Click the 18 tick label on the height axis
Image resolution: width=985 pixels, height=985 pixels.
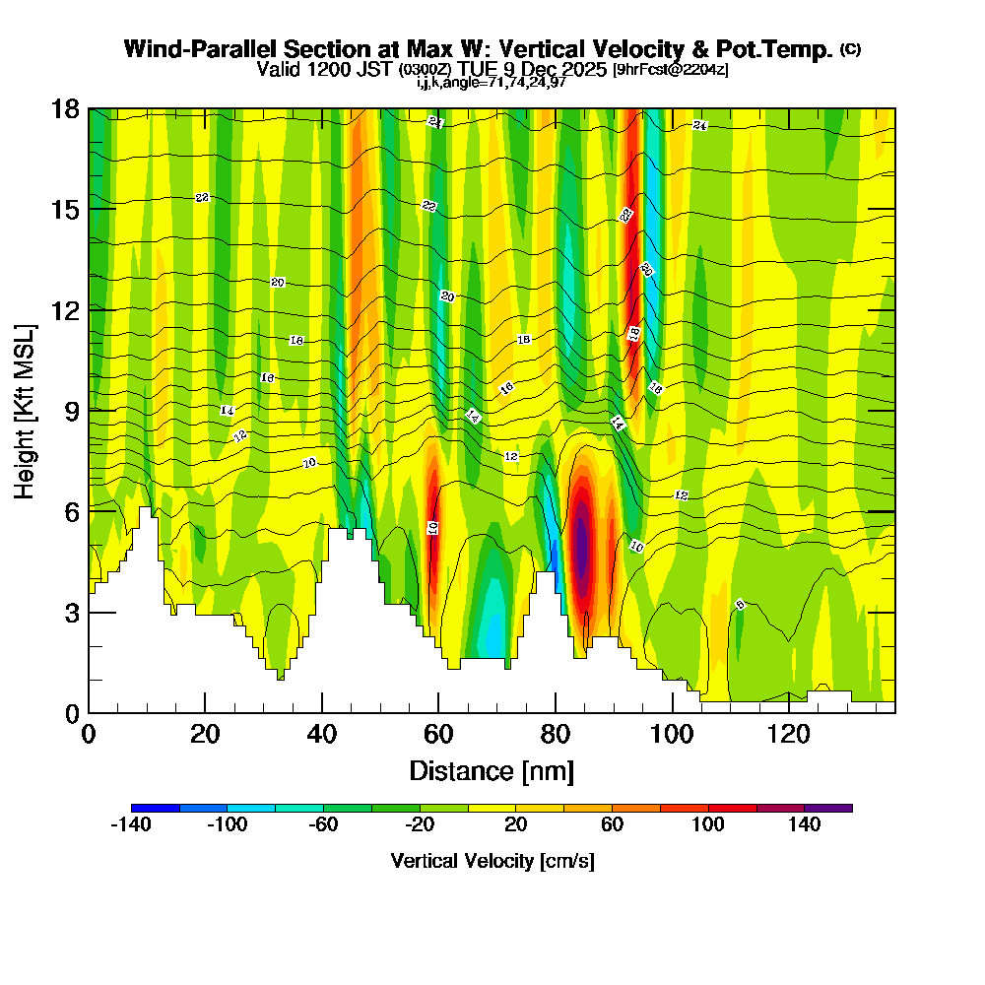pyautogui.click(x=66, y=108)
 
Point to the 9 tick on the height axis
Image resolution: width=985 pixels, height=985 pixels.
pyautogui.click(x=89, y=410)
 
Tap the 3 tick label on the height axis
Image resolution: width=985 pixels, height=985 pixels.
pyautogui.click(x=72, y=612)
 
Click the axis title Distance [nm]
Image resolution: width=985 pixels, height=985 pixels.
pyautogui.click(x=492, y=770)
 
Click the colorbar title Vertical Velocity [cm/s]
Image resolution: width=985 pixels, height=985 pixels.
pyautogui.click(x=492, y=861)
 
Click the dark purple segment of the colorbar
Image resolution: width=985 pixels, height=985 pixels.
pyautogui.click(x=828, y=808)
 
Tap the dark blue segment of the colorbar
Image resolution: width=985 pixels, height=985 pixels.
pyautogui.click(x=155, y=808)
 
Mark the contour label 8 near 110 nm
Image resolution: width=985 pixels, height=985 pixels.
pyautogui.click(x=740, y=605)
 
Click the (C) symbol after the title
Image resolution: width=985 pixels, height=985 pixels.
pyautogui.click(x=850, y=49)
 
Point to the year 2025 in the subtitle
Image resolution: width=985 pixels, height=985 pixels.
pyautogui.click(x=582, y=69)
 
